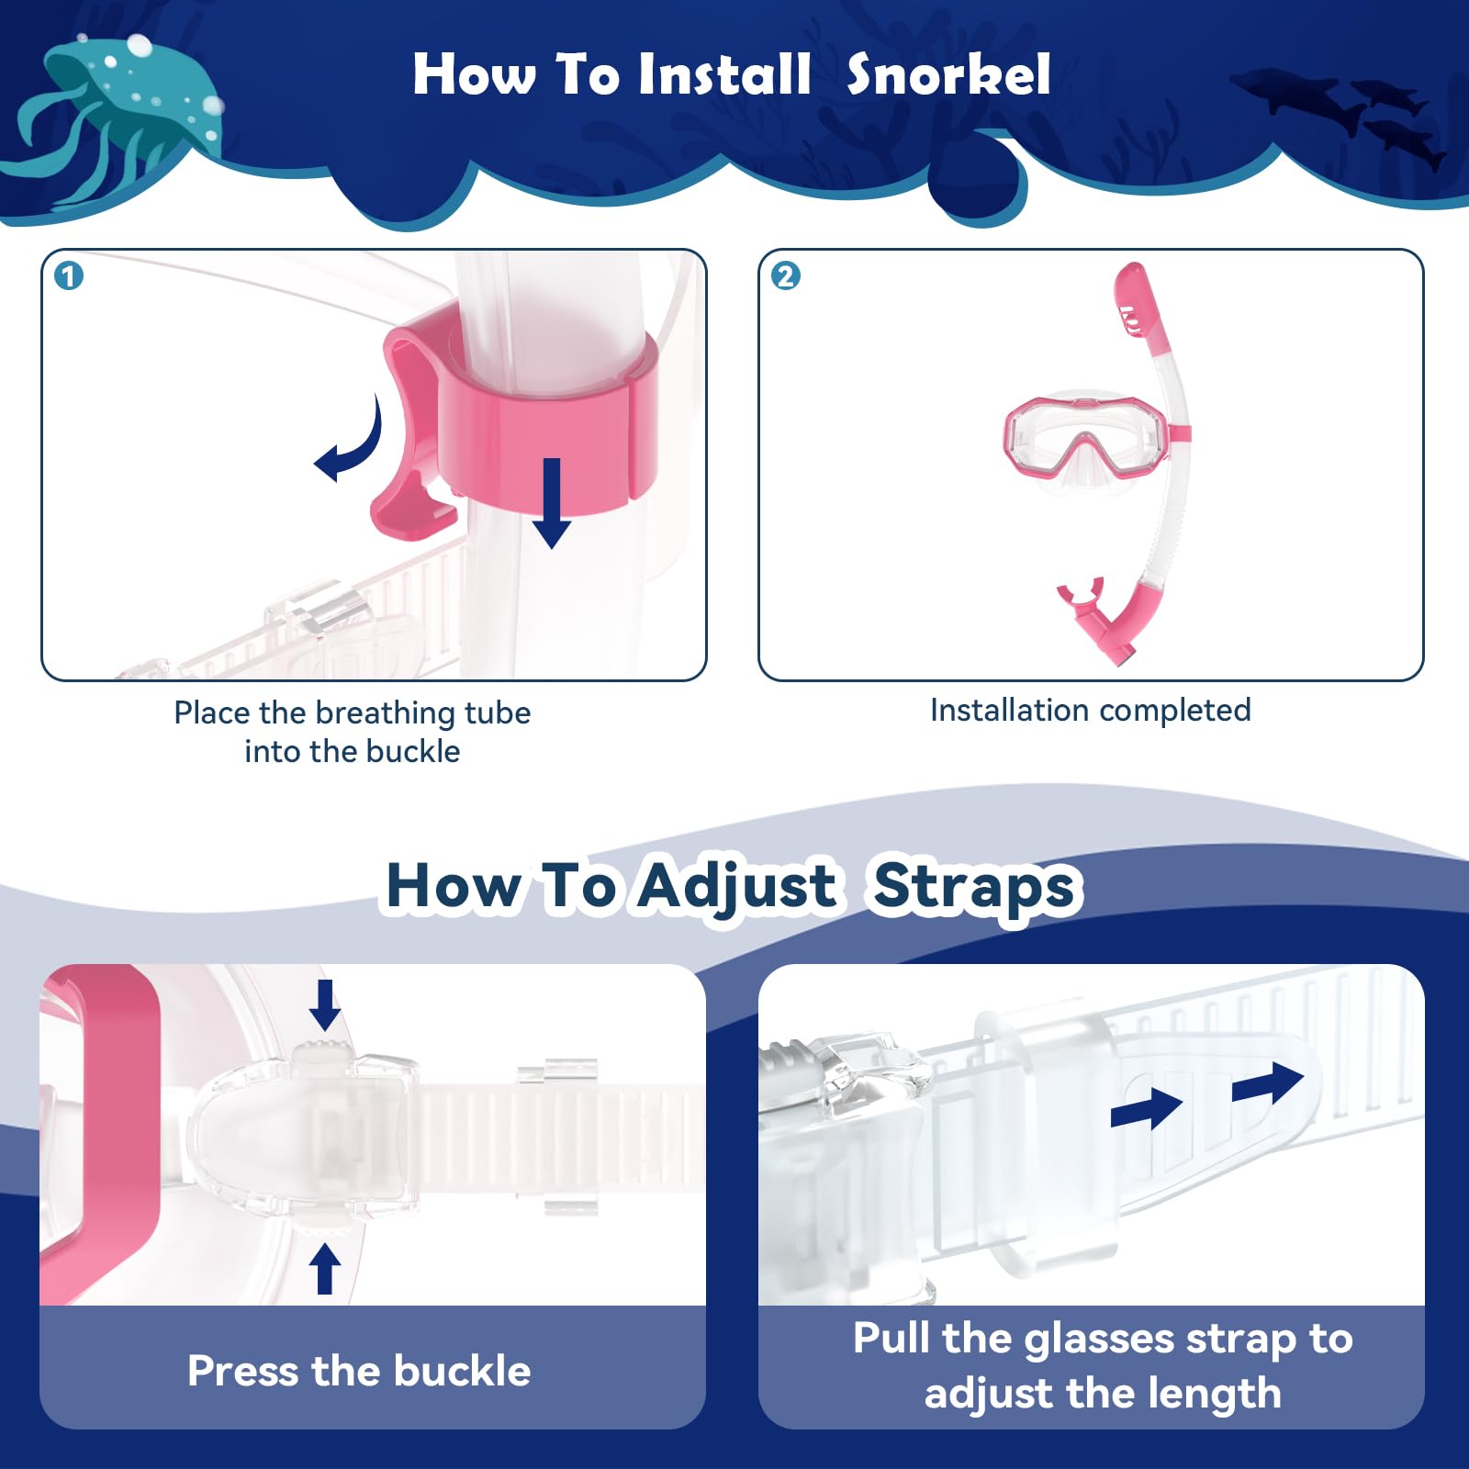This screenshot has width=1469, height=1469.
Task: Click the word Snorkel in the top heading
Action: [x=948, y=74]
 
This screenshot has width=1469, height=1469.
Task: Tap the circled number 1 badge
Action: [x=69, y=275]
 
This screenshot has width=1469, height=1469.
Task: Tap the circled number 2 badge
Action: [x=785, y=275]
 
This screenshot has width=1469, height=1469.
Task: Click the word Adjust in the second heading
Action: [x=737, y=887]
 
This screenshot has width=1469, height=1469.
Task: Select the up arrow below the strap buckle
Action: [x=324, y=1269]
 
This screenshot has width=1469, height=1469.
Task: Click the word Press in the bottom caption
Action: [x=242, y=1372]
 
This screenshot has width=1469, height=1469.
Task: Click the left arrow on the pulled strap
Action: [x=1146, y=1109]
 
